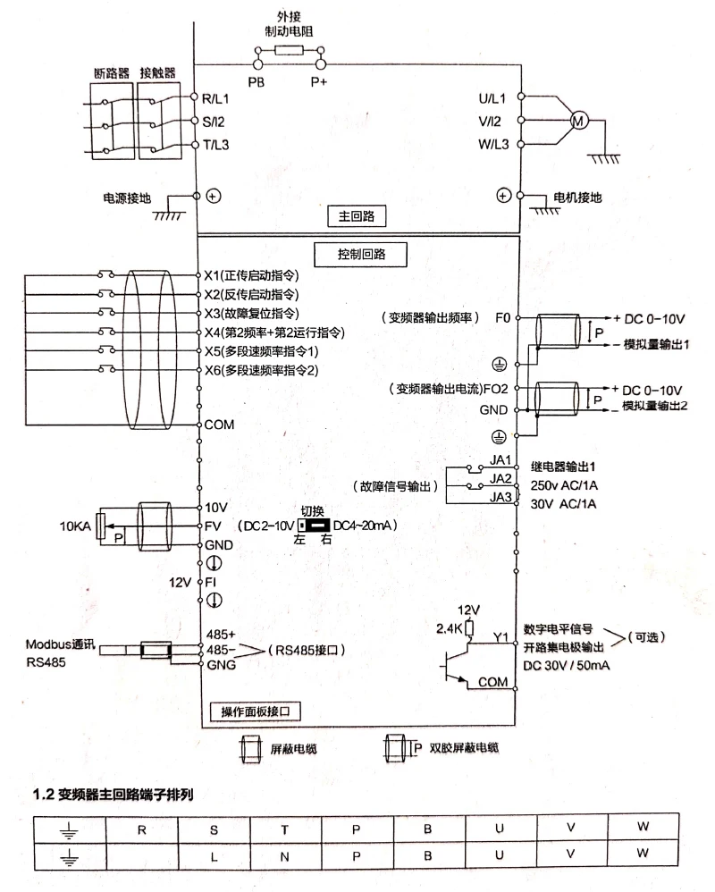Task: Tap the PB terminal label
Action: [256, 81]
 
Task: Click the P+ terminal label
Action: [319, 81]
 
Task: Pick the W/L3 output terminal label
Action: [492, 144]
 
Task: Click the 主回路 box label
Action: [356, 216]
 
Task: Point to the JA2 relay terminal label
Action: [500, 479]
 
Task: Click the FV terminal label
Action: [213, 526]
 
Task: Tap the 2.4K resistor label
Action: [450, 627]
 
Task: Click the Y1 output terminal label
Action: [500, 637]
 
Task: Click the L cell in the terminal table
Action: [214, 854]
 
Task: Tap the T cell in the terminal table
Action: [285, 828]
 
